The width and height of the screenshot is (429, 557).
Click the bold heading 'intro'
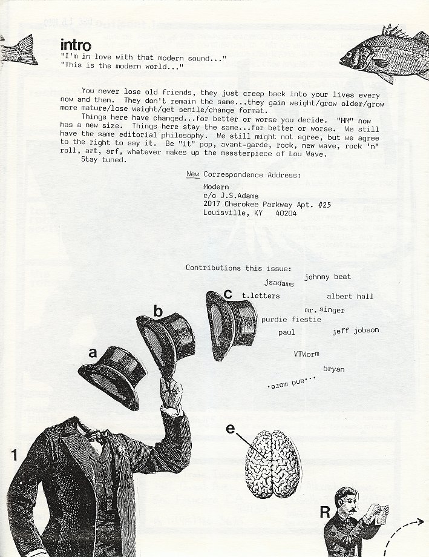tap(76, 45)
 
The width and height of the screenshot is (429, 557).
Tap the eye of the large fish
tap(349, 55)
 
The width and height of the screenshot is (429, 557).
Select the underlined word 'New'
tap(193, 174)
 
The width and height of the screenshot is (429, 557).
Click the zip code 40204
tap(286, 213)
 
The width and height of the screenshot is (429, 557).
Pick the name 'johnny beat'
tap(327, 277)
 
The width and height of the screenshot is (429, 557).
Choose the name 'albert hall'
tap(350, 296)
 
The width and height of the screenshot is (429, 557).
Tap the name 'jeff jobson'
tap(356, 331)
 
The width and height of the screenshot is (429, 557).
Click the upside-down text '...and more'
tap(291, 383)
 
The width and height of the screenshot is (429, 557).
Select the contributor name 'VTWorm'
tap(307, 354)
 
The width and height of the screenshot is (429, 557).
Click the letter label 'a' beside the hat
tap(93, 353)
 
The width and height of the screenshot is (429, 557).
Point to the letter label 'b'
tap(158, 311)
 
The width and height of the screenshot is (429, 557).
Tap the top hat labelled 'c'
tap(232, 325)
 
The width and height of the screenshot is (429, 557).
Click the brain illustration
tap(273, 464)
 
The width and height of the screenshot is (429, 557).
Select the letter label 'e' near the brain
tap(231, 429)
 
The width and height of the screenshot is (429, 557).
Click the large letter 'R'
tap(325, 512)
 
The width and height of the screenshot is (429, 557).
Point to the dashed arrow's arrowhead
tap(420, 521)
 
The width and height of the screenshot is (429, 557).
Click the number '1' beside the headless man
tap(14, 455)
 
